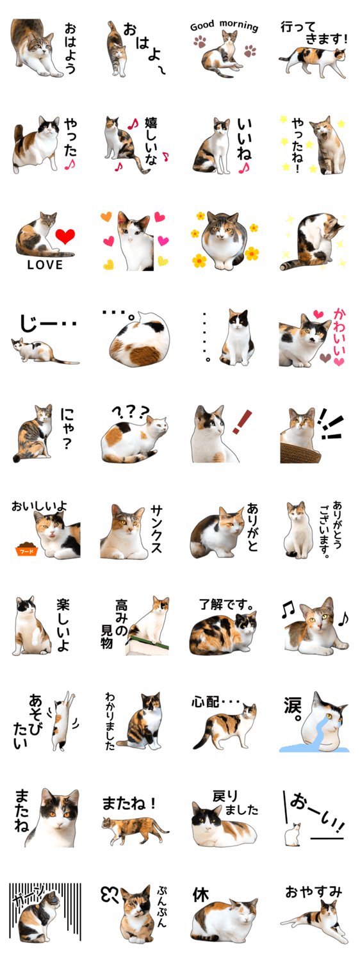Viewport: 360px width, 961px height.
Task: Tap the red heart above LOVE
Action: (65, 236)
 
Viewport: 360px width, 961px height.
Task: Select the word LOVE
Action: (45, 265)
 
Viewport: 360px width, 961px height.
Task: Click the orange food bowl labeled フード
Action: (27, 550)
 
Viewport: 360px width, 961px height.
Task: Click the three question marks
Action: (130, 413)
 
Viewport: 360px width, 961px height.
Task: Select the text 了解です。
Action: (227, 605)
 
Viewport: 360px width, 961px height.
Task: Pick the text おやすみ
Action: (314, 893)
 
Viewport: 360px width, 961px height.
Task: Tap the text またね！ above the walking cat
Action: (128, 803)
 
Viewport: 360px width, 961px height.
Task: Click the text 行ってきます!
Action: (313, 33)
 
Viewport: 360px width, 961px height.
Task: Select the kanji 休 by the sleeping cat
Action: (200, 895)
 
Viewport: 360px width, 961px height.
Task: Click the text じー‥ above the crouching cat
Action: (48, 324)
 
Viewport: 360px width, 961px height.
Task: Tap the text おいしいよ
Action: (39, 506)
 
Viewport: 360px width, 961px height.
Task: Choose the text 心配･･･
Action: (215, 702)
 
